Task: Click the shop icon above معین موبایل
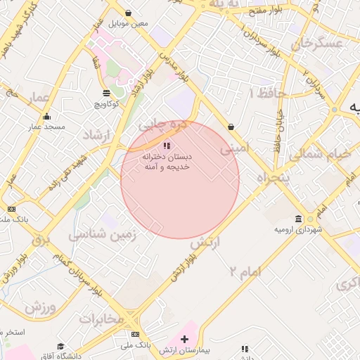coord(128,13)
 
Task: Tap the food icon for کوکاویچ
coord(106,93)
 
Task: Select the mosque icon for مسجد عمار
coord(46,117)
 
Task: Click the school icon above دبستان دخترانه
coord(166,146)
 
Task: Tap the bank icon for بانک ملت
coord(11,209)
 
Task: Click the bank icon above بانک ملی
coord(135,334)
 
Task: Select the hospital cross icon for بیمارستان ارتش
coord(185,340)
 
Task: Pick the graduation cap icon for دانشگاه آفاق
coord(60,347)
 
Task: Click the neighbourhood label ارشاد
coord(98,135)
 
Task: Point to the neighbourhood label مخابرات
coord(101,319)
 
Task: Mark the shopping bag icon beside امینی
coord(231,127)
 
